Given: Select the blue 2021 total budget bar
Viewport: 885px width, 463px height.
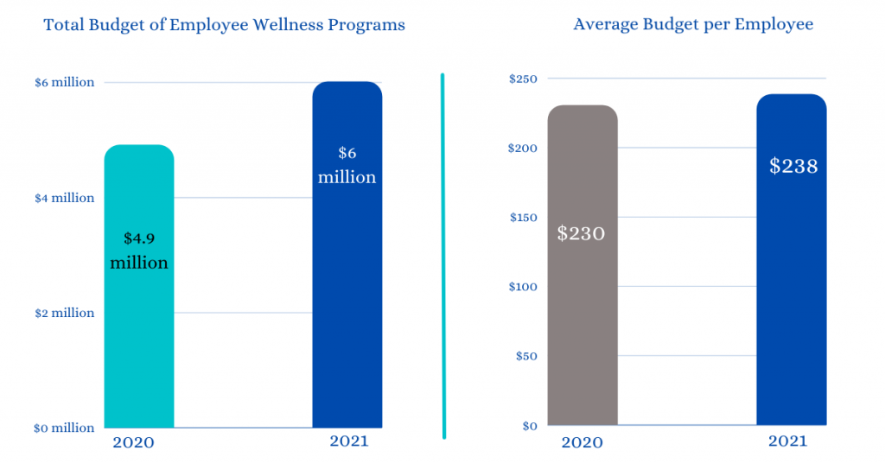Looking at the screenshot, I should [x=347, y=302].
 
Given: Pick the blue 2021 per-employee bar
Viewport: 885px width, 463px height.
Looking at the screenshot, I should [x=791, y=302].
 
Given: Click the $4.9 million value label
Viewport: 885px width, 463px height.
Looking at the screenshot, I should [x=139, y=250].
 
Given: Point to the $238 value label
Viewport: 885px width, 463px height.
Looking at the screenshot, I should [x=793, y=165].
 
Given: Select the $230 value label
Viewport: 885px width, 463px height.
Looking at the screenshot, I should [x=582, y=232].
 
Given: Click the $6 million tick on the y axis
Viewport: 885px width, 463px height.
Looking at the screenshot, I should [x=64, y=83].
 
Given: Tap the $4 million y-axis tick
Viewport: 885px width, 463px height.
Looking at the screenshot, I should [x=64, y=198].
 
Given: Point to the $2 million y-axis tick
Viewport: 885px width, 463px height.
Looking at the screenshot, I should [x=64, y=313].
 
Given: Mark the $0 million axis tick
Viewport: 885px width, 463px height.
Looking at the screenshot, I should [x=64, y=428].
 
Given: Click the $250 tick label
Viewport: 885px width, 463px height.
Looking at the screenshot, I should [x=523, y=79].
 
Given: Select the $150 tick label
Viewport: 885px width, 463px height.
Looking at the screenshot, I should [x=523, y=218].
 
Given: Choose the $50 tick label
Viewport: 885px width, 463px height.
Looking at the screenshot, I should [x=526, y=356].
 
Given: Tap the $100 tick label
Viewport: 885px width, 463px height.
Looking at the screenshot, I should [x=523, y=287].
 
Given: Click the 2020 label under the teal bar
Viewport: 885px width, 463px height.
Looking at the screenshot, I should [x=133, y=443].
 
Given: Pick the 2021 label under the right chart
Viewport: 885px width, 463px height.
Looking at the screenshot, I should [x=787, y=441].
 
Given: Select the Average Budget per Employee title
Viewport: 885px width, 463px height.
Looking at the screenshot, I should [x=693, y=24].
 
